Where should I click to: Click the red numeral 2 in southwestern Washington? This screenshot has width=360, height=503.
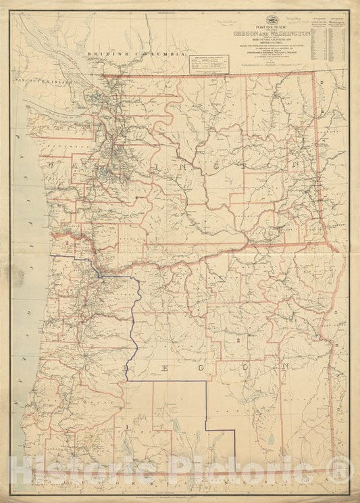coord(68,239)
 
